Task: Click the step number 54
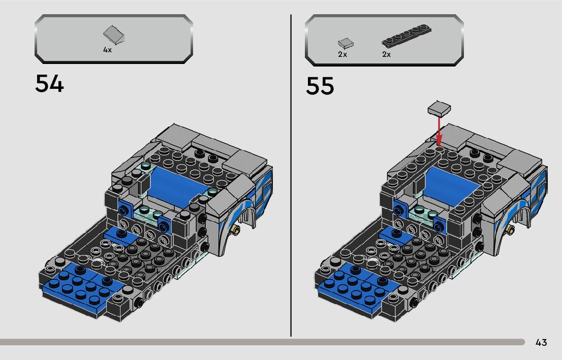pos(49,84)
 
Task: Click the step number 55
pos(320,86)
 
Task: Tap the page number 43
pos(541,342)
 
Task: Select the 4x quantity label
pos(107,50)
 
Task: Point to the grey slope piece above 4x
pos(114,35)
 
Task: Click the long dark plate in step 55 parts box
pos(407,36)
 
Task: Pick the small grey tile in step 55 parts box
pos(346,44)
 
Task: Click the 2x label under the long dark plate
pos(386,54)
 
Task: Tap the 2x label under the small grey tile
pos(342,54)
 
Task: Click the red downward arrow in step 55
pos(439,130)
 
